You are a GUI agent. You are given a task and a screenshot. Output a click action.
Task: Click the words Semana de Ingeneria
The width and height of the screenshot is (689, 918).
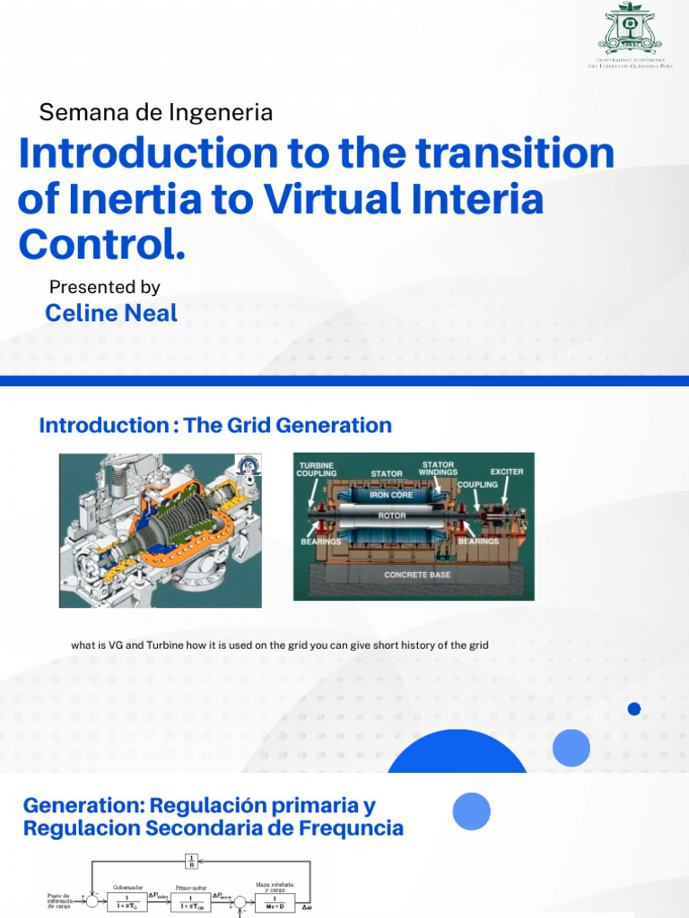click(x=155, y=113)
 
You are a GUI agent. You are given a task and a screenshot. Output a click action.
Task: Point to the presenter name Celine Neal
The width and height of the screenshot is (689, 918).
click(x=111, y=313)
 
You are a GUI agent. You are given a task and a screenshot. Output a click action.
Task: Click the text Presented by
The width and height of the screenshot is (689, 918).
click(x=104, y=287)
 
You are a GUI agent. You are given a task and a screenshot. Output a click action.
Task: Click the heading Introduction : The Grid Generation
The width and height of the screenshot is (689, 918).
click(x=215, y=425)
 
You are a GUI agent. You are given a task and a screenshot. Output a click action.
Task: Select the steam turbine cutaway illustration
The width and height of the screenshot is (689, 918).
click(x=160, y=530)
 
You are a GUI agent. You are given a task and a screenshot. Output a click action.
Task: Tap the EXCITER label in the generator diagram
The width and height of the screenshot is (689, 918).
click(x=506, y=471)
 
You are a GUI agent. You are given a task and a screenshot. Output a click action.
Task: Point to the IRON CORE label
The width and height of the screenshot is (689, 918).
click(x=389, y=495)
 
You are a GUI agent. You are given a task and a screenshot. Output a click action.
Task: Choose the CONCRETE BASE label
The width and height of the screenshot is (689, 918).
click(x=417, y=575)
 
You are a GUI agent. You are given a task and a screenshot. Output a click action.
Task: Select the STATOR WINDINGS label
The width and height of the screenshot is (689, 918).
click(x=438, y=468)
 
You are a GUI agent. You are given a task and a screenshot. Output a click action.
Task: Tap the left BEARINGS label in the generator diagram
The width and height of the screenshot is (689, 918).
click(x=319, y=541)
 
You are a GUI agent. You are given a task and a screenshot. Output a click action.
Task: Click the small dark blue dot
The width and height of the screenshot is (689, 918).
click(x=634, y=709)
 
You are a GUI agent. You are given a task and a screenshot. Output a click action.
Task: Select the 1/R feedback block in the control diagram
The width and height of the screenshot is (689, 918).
click(x=190, y=863)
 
